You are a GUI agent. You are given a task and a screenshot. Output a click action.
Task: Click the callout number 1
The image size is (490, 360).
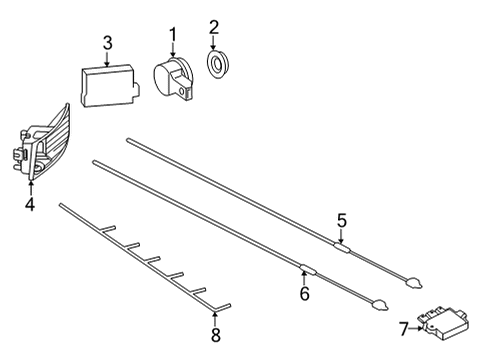pos(173,37)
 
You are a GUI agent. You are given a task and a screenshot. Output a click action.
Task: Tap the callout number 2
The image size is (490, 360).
pos(214,27)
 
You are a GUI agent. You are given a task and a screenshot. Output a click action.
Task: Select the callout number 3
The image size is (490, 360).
pos(107,43)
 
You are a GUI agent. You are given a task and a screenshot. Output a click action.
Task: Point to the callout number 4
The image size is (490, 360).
pos(30,204)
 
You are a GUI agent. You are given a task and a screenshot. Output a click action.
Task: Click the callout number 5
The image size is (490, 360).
pos(342,220)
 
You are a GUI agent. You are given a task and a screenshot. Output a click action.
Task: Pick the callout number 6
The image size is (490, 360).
pos(304,293)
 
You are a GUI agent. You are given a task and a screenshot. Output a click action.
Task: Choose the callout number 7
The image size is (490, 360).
pos(404,329)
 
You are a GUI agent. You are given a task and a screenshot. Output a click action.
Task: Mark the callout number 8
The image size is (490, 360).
pos(216,335)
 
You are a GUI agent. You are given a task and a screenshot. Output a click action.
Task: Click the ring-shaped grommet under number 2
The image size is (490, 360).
pos(217,64)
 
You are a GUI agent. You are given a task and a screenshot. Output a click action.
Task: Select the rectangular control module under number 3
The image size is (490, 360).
pos(110,85)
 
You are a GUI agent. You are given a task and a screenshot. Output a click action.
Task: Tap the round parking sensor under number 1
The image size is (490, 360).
pos(174,78)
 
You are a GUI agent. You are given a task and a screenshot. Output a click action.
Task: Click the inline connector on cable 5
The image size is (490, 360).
pos(342,247)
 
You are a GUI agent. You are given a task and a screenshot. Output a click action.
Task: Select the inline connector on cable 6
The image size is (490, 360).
pos(307,269)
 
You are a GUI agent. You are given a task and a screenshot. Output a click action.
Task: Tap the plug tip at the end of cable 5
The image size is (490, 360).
pos(414,283)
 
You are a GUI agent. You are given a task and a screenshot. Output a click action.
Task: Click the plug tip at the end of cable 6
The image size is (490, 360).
pos(380,305)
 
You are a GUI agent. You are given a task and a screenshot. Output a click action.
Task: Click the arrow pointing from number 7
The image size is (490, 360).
pos(417,328)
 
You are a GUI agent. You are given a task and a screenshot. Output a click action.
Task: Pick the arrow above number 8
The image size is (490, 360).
pos(214,317)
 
